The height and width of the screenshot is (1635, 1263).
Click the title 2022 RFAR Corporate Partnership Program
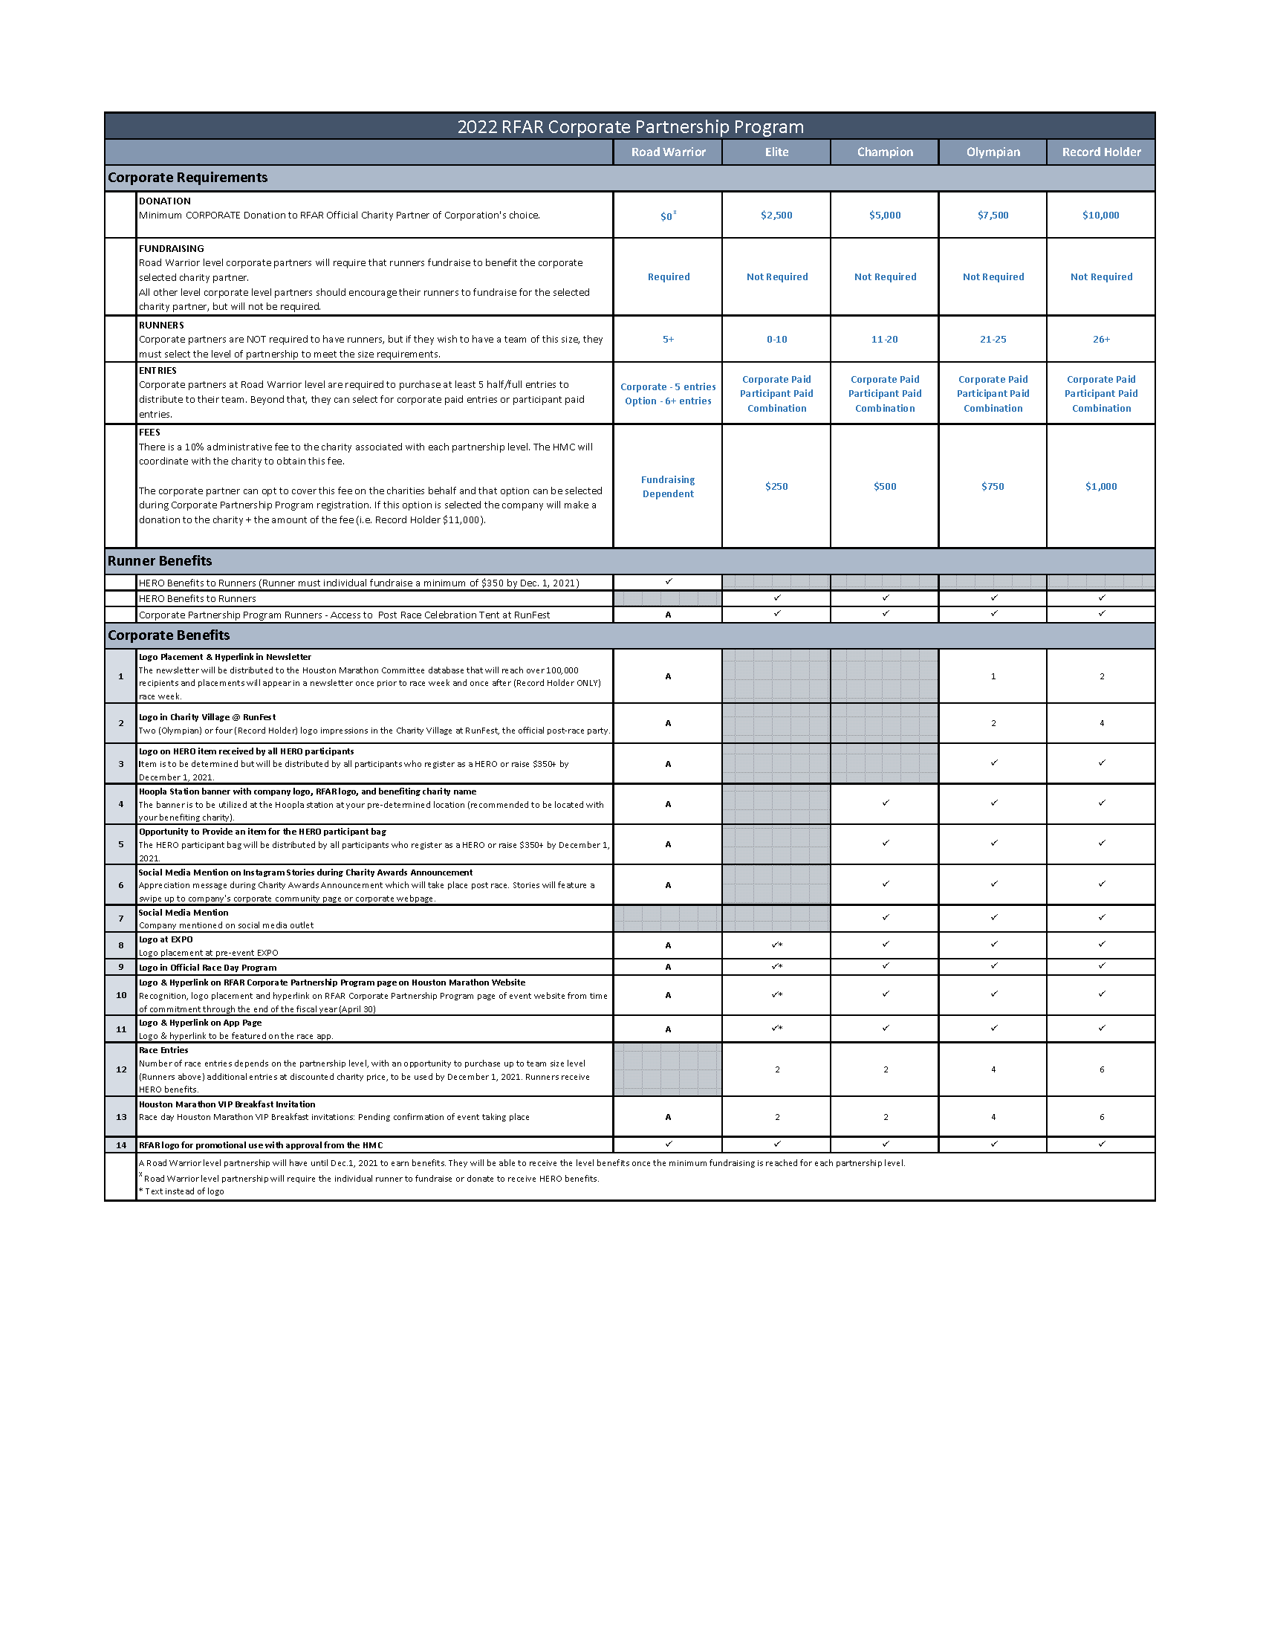(x=630, y=127)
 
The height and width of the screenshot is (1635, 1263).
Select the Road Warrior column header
(x=668, y=152)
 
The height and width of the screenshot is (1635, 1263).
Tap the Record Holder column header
(x=1101, y=152)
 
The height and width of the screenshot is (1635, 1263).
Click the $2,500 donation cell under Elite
(x=776, y=216)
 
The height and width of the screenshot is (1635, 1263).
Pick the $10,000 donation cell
(x=1100, y=216)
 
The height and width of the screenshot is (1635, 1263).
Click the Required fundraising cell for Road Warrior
(x=668, y=277)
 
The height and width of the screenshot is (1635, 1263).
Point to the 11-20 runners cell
(x=884, y=340)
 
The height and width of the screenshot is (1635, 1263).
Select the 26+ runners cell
(x=1100, y=340)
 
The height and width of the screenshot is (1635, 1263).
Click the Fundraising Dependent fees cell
(x=668, y=487)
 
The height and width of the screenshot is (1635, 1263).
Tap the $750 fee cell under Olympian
(x=993, y=487)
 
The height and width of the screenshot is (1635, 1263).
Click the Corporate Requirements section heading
(x=188, y=178)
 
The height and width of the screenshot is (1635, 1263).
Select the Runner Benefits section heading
(x=160, y=561)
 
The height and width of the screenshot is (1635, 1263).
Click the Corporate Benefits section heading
(x=169, y=635)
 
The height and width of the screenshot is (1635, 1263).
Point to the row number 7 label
(x=121, y=919)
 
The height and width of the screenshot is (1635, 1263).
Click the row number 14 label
(x=121, y=1144)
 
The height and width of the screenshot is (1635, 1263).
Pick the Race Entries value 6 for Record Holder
(x=1101, y=1069)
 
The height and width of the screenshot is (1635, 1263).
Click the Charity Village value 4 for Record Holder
(x=1101, y=723)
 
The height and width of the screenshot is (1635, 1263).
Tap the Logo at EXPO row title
(x=166, y=939)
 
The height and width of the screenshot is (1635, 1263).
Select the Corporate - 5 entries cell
(x=668, y=387)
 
